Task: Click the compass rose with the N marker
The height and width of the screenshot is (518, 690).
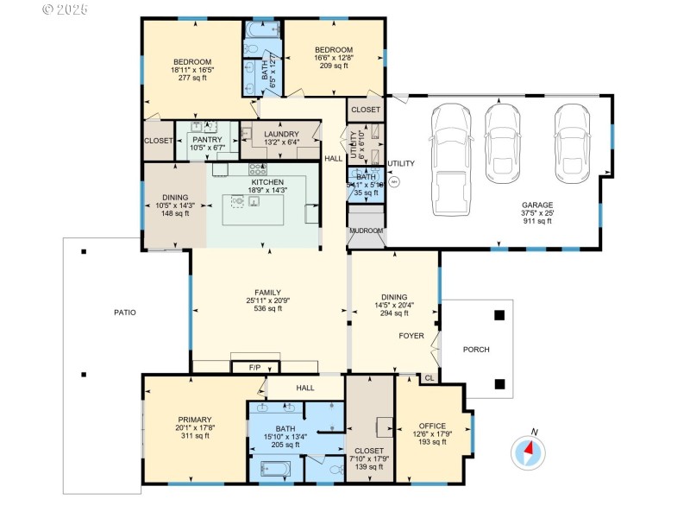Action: [x=529, y=451]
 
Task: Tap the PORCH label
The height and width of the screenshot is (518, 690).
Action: [x=475, y=350]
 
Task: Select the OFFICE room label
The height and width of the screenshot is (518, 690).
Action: [x=432, y=426]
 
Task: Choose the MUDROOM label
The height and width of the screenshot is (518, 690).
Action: [x=366, y=231]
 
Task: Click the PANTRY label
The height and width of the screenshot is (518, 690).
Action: [x=207, y=139]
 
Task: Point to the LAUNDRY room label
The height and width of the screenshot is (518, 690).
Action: [x=281, y=134]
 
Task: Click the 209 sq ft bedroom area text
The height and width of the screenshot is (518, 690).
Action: [x=333, y=66]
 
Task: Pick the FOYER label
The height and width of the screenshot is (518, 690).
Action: [x=411, y=335]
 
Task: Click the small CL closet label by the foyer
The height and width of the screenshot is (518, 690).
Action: [x=429, y=377]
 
